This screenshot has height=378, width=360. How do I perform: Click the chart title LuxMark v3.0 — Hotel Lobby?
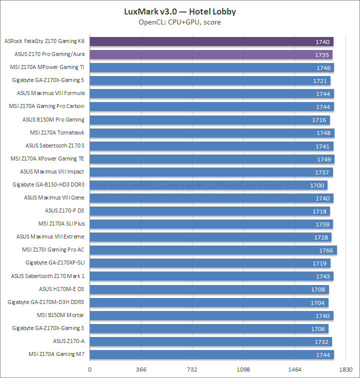click(x=179, y=11)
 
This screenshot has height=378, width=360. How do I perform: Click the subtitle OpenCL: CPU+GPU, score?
click(x=179, y=22)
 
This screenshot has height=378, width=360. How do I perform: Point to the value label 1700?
click(x=317, y=185)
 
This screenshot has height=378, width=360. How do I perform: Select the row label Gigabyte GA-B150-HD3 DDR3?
click(x=48, y=184)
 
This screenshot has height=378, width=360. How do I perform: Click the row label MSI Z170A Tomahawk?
click(x=57, y=132)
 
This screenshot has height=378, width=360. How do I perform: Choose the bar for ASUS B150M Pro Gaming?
click(x=210, y=119)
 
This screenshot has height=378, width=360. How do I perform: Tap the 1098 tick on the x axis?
click(x=243, y=370)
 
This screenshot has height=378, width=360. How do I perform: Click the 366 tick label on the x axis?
click(x=141, y=370)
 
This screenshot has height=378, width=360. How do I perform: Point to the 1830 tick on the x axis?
click(x=345, y=370)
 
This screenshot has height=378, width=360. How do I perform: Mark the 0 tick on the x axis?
click(x=90, y=370)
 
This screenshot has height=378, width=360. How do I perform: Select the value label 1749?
click(x=323, y=159)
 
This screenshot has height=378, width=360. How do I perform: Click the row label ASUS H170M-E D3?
click(x=61, y=288)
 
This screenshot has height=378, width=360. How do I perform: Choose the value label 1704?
click(x=317, y=302)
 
